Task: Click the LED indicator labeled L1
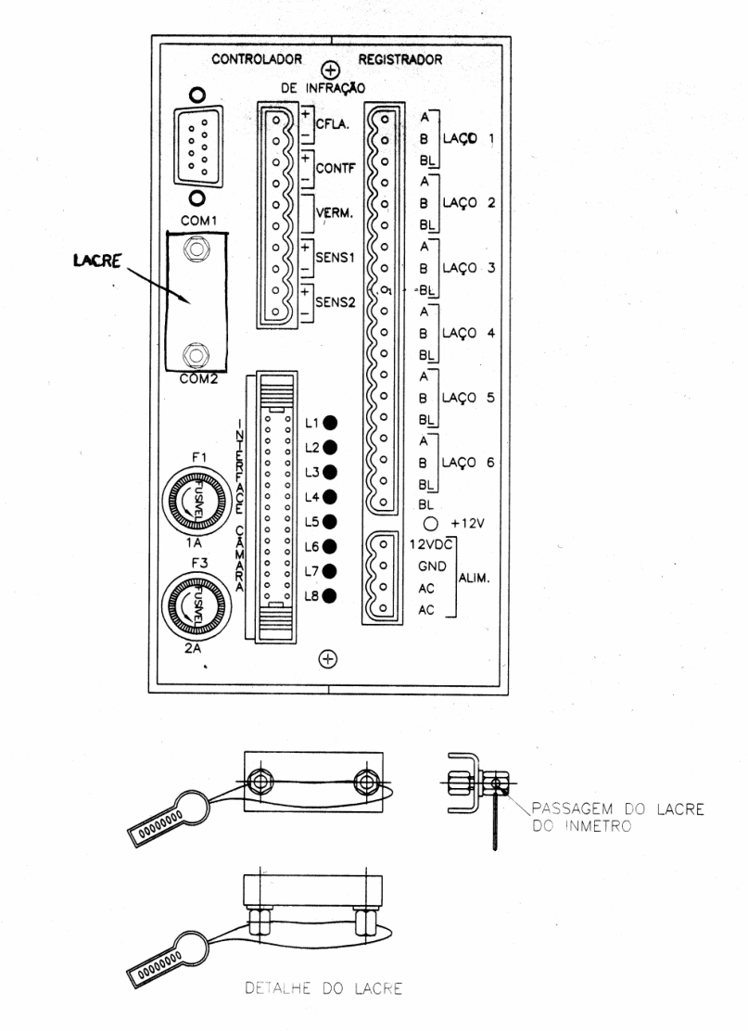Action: tap(330, 423)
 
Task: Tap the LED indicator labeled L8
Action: tap(330, 596)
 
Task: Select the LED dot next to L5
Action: tap(330, 522)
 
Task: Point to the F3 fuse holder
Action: tap(197, 605)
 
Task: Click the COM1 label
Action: tap(199, 221)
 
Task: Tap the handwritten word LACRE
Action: tap(97, 261)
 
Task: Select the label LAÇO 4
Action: tap(468, 334)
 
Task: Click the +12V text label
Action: tap(467, 524)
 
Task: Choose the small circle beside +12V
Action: tap(430, 524)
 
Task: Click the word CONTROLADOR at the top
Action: tap(257, 59)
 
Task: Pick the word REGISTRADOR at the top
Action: tap(400, 59)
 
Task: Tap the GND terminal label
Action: tap(432, 566)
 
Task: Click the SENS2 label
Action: tap(336, 302)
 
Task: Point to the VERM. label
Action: tap(334, 213)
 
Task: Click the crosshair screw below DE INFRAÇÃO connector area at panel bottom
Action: tap(327, 658)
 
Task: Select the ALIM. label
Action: tap(474, 579)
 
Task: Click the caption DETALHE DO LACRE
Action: tap(323, 987)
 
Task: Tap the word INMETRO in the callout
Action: tap(598, 826)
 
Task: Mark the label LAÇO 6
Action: tap(468, 463)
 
